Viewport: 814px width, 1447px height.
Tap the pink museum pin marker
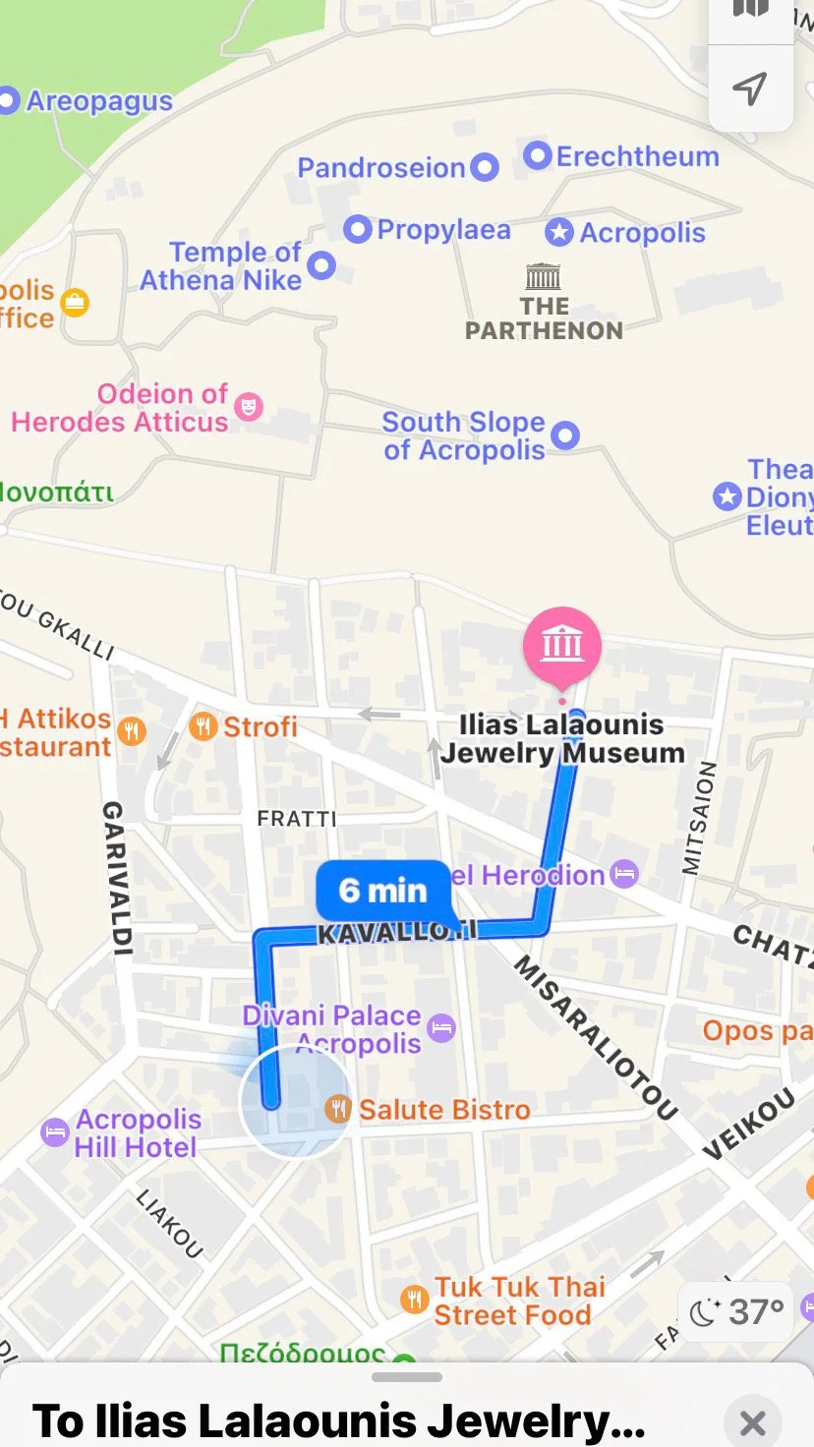[x=561, y=645]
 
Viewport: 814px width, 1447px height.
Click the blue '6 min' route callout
[x=382, y=891]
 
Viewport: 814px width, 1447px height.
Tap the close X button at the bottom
[x=752, y=1421]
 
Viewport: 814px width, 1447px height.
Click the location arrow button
[x=750, y=88]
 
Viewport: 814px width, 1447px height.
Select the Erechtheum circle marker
[x=537, y=155]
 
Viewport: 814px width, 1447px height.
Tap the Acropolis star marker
[x=559, y=232]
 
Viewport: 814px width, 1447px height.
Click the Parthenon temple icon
[x=544, y=275]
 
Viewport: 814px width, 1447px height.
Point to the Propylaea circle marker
[x=357, y=229]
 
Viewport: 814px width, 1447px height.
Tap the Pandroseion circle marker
[x=484, y=167]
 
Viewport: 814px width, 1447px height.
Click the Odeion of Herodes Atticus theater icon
[x=249, y=406]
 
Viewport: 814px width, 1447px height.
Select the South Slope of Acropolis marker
[x=564, y=434]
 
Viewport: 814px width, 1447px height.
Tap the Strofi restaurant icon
[x=203, y=726]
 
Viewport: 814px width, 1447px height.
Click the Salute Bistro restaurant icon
[x=338, y=1109]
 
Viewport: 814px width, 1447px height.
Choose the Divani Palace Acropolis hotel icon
[x=441, y=1028]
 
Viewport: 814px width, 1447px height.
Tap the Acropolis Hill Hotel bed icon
[x=55, y=1131]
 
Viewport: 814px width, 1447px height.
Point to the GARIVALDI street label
[x=117, y=878]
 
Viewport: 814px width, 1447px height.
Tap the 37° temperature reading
[x=756, y=1311]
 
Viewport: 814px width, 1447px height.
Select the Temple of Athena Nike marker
[x=321, y=264]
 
